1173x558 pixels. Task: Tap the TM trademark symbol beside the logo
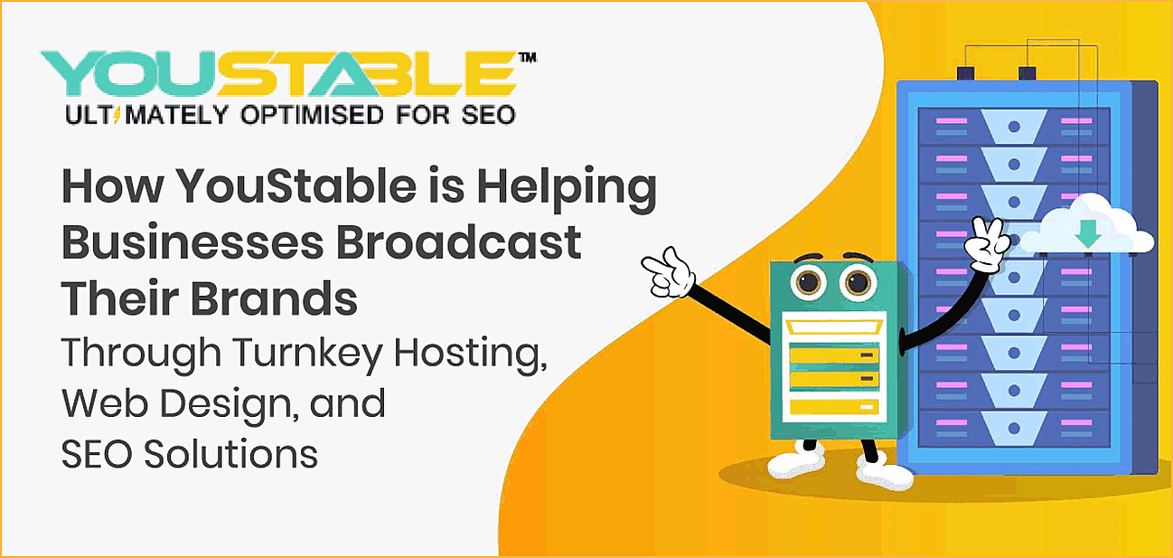click(x=527, y=57)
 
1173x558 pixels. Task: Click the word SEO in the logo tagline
click(x=487, y=115)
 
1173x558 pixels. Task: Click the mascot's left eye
click(x=806, y=283)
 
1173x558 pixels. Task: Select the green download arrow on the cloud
click(x=1088, y=234)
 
